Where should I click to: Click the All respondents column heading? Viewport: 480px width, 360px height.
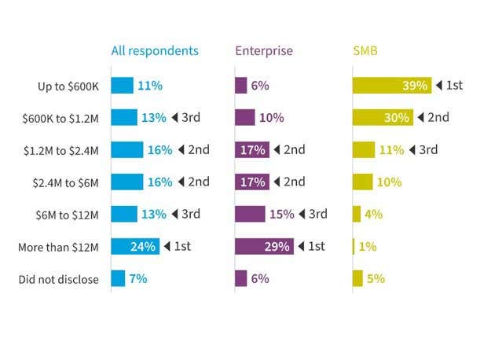[x=155, y=52]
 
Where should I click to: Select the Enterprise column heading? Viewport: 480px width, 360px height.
[x=264, y=52]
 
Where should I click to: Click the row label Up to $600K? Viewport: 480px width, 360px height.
[x=68, y=86]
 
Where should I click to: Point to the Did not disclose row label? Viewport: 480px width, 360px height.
[x=60, y=278]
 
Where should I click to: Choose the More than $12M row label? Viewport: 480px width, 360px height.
[x=58, y=247]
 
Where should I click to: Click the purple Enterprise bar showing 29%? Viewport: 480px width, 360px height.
[x=265, y=246]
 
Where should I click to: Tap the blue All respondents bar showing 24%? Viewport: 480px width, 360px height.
[x=135, y=246]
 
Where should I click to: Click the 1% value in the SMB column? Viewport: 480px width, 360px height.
[x=368, y=246]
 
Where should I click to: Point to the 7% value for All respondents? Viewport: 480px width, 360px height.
[x=138, y=278]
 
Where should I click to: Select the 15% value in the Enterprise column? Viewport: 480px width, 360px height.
[x=281, y=214]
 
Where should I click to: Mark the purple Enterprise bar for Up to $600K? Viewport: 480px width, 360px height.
[x=241, y=86]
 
